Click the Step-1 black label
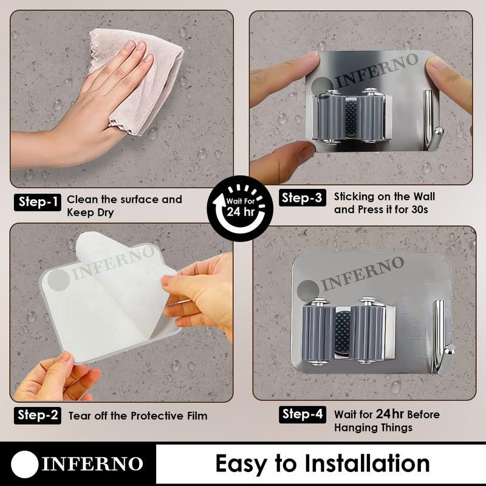pos(38,202)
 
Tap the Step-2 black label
pos(38,416)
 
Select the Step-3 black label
pos(302,197)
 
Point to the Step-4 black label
pos(302,414)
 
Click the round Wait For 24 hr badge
pos(240,208)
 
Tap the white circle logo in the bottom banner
pos(25,464)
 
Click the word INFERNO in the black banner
pos(92,464)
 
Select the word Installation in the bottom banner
pos(367,464)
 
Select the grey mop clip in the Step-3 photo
pos(352,116)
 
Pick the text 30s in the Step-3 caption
pos(420,210)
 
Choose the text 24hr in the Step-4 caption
pos(389,414)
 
